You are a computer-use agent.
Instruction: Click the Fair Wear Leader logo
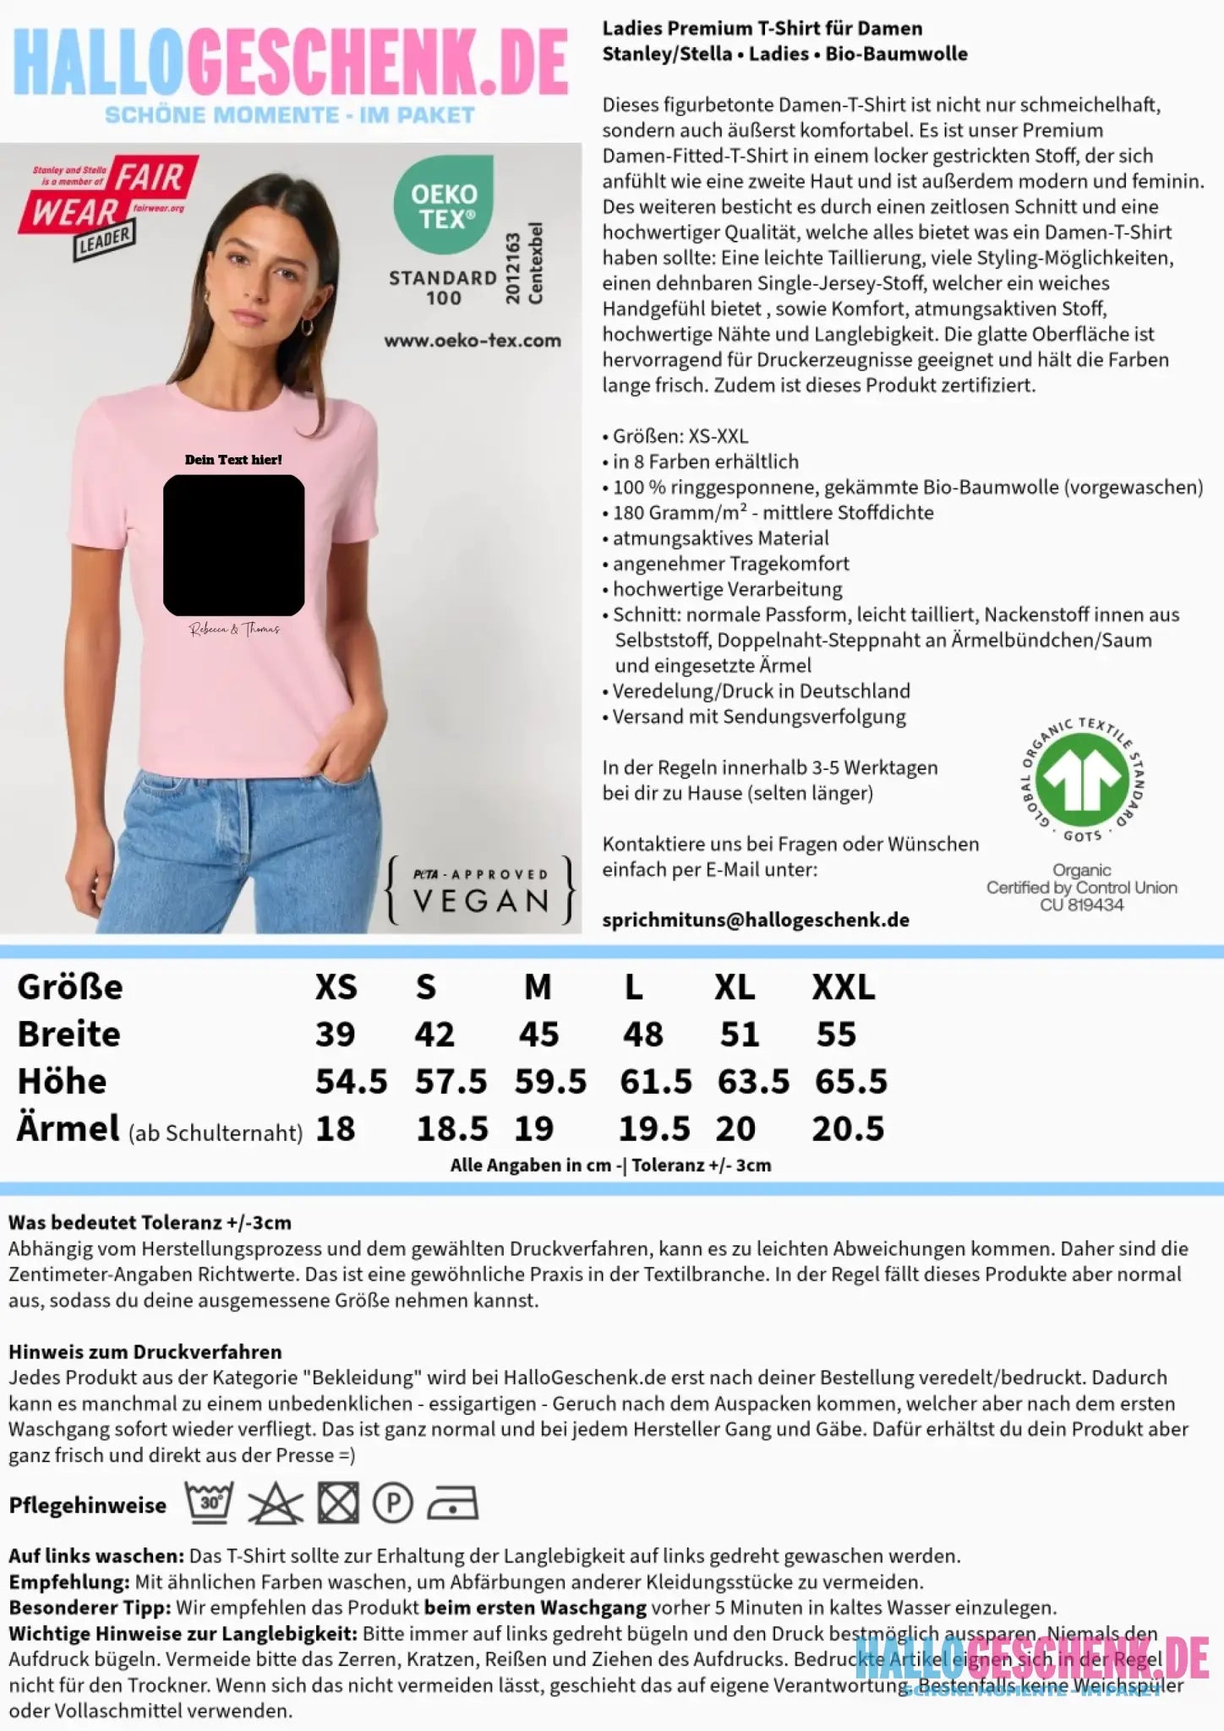[x=108, y=205]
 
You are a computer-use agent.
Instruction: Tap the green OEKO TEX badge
[x=444, y=205]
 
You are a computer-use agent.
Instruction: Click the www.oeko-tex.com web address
[x=473, y=341]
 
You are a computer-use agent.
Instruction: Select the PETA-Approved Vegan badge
[x=480, y=890]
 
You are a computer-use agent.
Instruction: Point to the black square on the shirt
[x=234, y=545]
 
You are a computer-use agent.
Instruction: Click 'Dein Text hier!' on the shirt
[x=233, y=460]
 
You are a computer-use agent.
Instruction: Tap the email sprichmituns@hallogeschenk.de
[x=756, y=920]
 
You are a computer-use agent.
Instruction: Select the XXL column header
[x=844, y=987]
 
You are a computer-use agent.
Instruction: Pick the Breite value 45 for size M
[x=538, y=1035]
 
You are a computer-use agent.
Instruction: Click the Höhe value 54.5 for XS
[x=351, y=1082]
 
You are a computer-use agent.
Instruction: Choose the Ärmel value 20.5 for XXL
[x=848, y=1129]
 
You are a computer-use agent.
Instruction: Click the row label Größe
[x=70, y=987]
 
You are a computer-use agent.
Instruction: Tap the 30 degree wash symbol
[x=209, y=1503]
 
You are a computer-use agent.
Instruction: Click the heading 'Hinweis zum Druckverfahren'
[x=145, y=1351]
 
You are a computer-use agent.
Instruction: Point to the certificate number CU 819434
[x=1082, y=905]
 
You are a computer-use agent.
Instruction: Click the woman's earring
[x=308, y=326]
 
